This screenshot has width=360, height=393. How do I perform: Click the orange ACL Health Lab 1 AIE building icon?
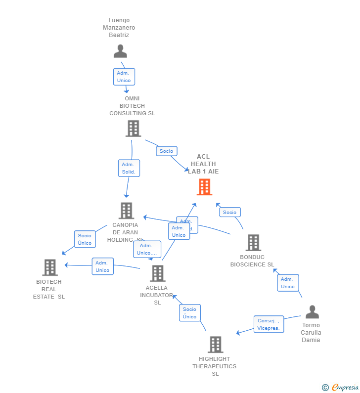tap(204, 187)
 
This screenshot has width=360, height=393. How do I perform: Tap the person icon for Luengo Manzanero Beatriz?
tap(120, 51)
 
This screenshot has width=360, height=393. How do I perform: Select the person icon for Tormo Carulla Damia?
tap(312, 312)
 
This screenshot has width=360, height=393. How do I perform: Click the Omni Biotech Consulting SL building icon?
tap(133, 129)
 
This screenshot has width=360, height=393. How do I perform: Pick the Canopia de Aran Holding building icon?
tap(127, 211)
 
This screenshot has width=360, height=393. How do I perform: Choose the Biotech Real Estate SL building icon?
tap(50, 267)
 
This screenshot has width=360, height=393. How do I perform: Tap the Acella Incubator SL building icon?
tap(157, 273)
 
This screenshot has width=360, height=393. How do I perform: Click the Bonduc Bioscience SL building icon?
tap(253, 243)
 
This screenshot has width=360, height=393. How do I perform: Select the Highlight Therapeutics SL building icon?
tap(215, 345)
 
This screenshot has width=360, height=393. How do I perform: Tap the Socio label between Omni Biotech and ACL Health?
tap(167, 151)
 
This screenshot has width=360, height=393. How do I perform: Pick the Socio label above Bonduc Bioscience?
tap(229, 212)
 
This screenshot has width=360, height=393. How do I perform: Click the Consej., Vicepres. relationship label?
tap(269, 324)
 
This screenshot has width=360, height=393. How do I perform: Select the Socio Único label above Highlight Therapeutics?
tap(189, 313)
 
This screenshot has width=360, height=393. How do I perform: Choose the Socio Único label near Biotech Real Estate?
tap(85, 239)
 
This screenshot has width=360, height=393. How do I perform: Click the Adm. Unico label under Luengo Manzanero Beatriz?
tap(124, 77)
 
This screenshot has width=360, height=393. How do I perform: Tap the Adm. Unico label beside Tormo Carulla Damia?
tap(288, 283)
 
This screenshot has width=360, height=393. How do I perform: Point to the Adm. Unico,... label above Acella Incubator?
tap(147, 249)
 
